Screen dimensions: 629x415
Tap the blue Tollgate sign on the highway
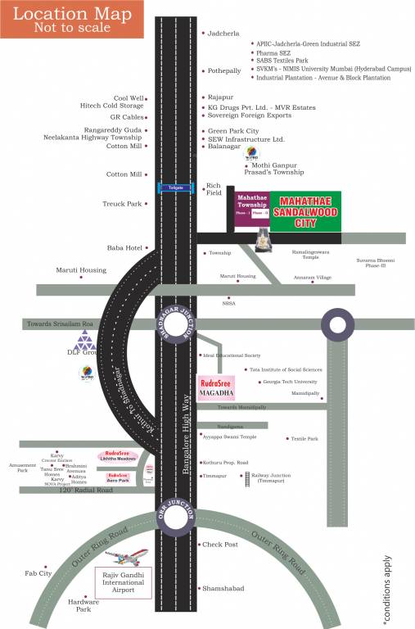176,187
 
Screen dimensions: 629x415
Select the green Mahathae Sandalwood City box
307,212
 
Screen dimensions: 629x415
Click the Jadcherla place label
223,34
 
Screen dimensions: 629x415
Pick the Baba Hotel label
124,247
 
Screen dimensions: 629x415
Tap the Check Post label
219,544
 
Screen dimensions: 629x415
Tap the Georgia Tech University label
289,382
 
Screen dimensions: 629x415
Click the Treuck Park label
123,203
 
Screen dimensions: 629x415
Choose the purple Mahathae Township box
252,206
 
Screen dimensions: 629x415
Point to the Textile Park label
304,439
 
